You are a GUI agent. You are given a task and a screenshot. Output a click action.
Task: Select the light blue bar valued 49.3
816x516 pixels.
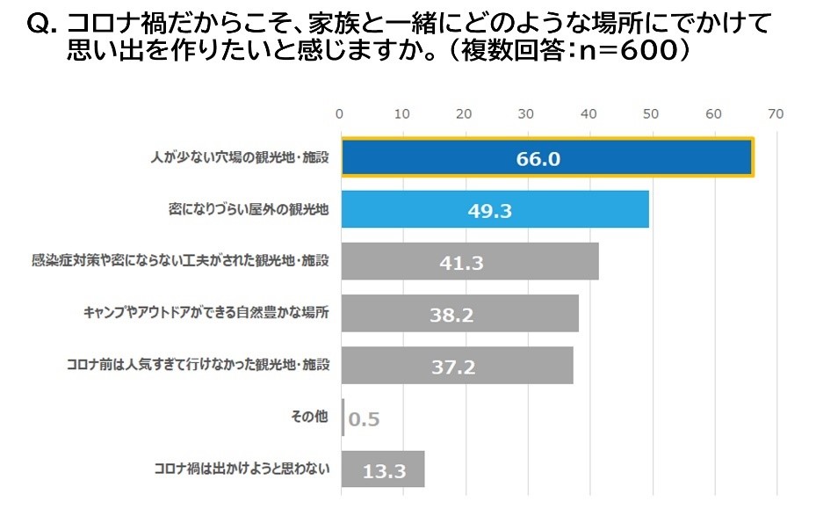click(495, 210)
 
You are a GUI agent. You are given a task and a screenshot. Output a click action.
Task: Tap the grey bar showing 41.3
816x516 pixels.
click(469, 262)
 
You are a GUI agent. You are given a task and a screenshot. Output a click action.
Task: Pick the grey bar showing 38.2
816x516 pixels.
click(459, 314)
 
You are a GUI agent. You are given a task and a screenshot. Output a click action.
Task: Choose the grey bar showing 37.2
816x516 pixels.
click(456, 366)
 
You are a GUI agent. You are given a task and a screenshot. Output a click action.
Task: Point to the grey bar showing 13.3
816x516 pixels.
click(383, 469)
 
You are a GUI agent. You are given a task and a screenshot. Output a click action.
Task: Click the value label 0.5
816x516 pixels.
click(364, 418)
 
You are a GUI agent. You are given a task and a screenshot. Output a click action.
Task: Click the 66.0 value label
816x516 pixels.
click(538, 159)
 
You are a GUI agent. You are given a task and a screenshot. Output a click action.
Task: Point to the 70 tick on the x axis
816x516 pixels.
click(775, 113)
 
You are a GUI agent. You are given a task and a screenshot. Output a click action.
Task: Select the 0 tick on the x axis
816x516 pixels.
click(340, 113)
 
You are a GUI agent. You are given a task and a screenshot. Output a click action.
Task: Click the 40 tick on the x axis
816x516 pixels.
click(589, 113)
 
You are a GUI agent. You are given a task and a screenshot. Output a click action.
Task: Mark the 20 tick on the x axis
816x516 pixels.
click(464, 113)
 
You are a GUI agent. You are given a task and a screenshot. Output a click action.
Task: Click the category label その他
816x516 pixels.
click(309, 417)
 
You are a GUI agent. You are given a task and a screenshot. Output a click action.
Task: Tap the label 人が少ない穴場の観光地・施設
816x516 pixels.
click(239, 158)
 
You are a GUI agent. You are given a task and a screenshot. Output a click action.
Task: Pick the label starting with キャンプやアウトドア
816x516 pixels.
click(206, 313)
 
